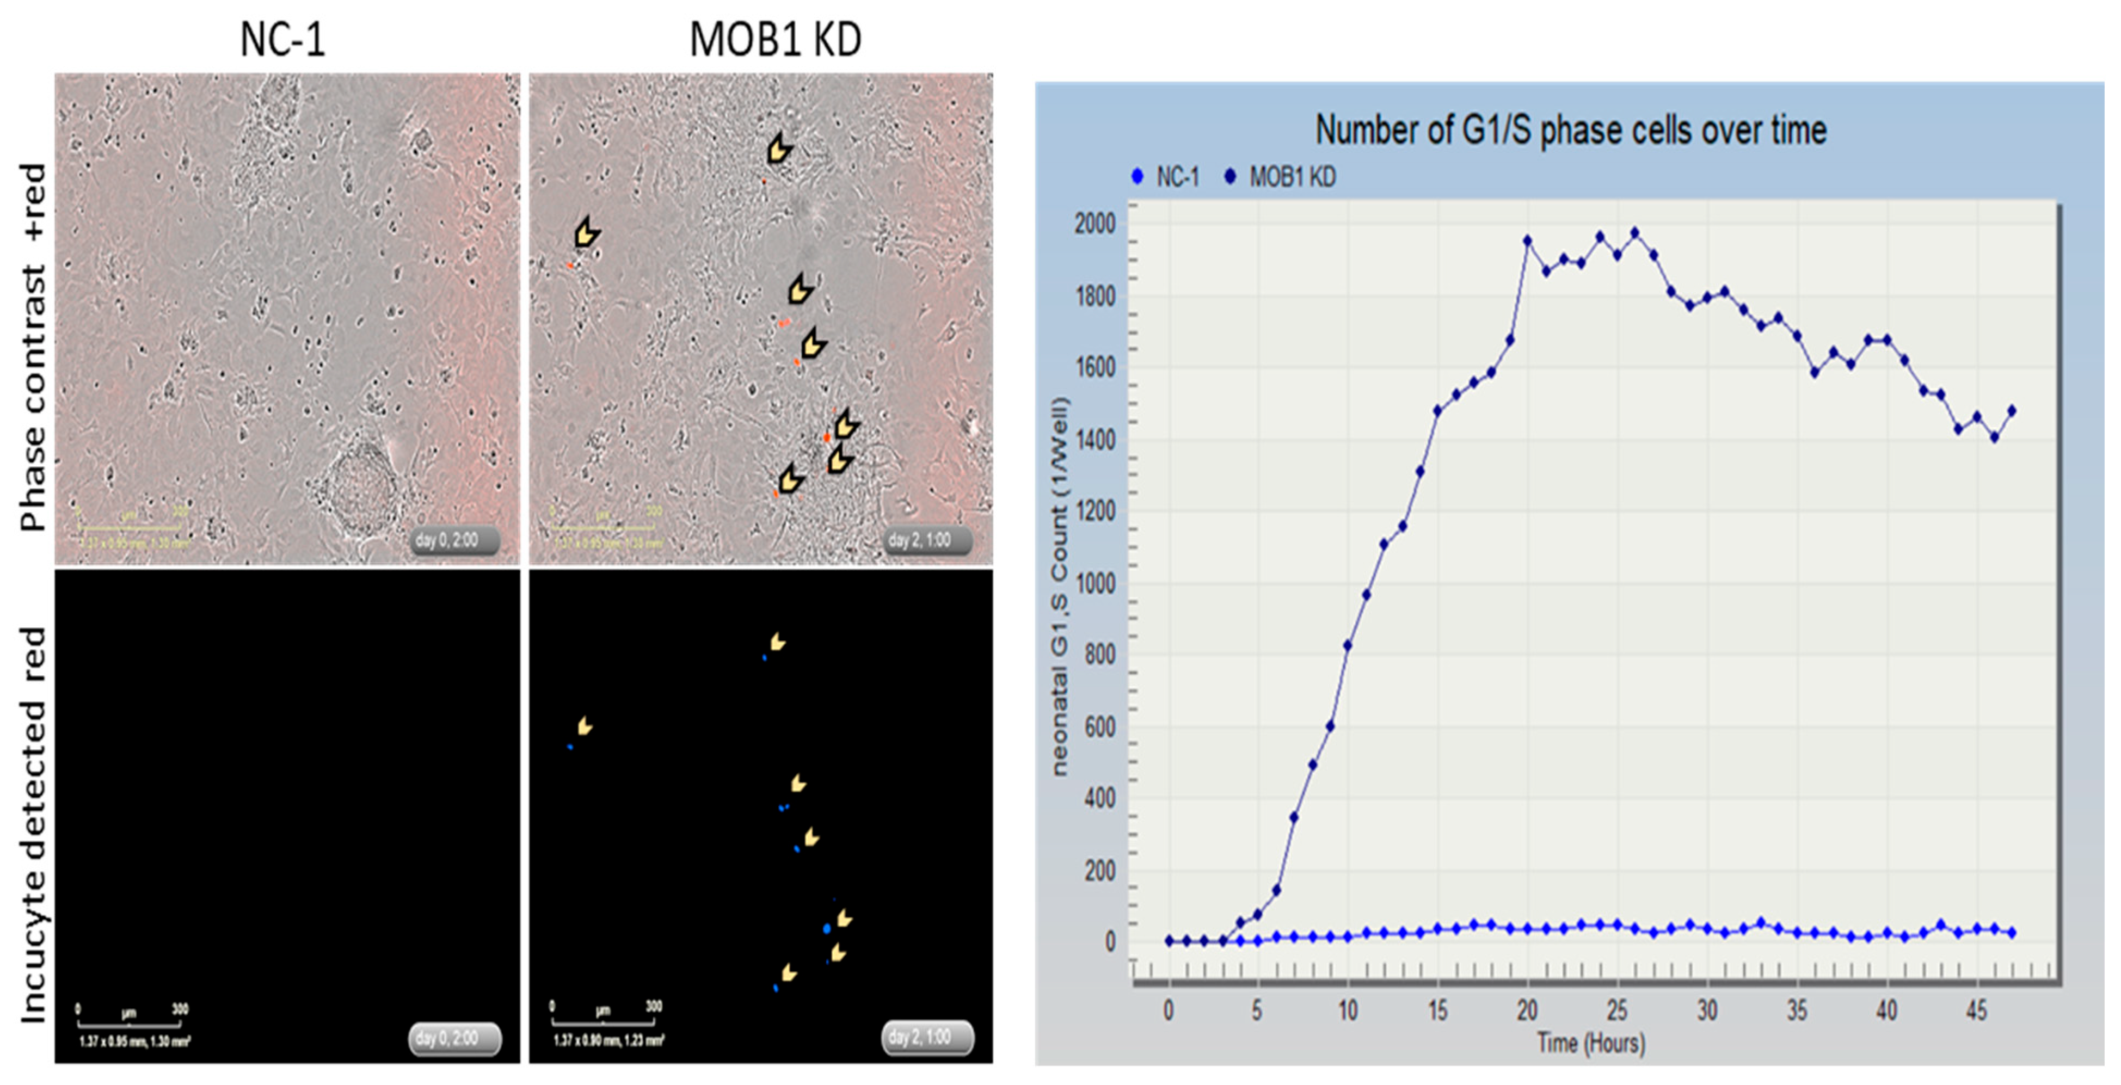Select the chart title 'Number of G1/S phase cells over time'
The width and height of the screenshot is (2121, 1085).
coord(1571,130)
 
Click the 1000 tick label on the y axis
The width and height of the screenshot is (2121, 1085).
coord(1095,584)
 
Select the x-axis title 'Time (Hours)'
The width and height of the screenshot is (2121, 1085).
coord(1591,1043)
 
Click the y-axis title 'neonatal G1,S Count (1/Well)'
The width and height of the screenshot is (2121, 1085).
coord(1060,586)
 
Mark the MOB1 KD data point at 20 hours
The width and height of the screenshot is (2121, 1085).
coord(1527,241)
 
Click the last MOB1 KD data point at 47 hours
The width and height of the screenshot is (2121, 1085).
coord(2012,410)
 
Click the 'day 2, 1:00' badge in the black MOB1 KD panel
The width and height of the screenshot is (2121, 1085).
coord(927,1037)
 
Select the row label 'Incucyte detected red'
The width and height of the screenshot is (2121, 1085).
coord(33,823)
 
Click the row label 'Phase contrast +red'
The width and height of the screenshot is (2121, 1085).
coord(33,346)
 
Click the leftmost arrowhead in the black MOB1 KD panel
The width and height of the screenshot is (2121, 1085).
coord(585,726)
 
